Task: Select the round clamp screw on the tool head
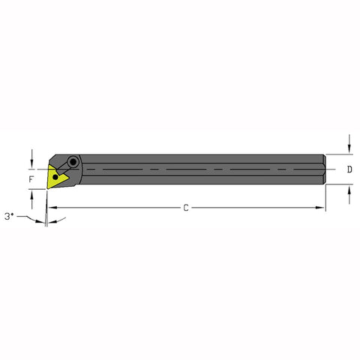click(73, 161)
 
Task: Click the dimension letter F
click(31, 180)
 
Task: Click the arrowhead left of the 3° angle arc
click(37, 220)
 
